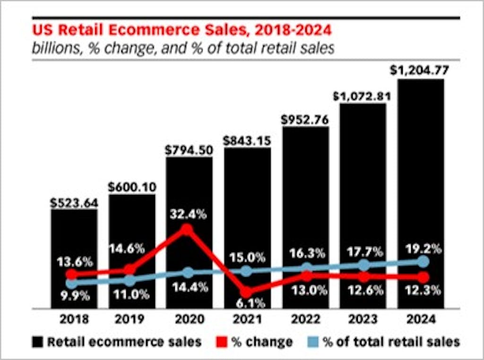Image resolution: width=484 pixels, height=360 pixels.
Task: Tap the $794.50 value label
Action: click(189, 150)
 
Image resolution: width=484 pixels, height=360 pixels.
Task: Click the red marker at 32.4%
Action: click(188, 229)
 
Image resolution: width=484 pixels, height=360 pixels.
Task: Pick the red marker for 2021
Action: click(246, 292)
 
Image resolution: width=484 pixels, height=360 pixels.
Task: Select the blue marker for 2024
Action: click(423, 262)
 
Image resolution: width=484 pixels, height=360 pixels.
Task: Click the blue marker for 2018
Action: click(71, 283)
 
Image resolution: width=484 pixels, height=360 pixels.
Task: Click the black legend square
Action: click(38, 342)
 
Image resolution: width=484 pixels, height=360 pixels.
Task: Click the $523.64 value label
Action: click(74, 203)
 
